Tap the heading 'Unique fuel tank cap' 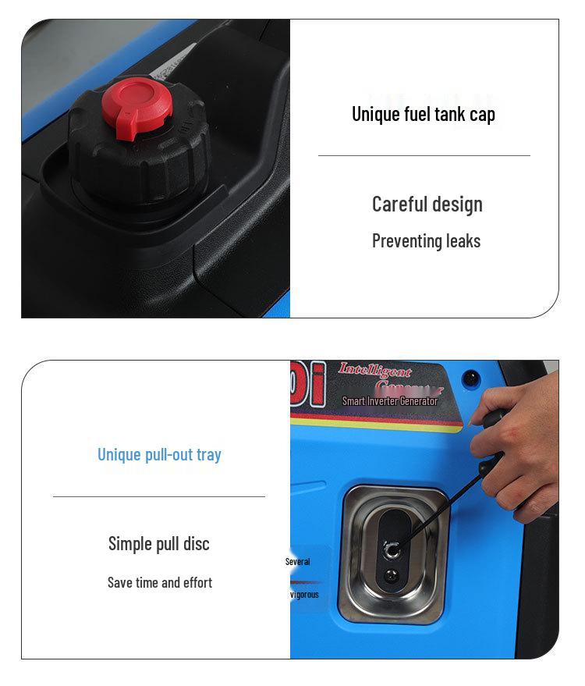424,114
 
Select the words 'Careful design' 427,204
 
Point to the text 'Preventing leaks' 426,241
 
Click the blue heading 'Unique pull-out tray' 159,454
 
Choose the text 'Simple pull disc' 159,544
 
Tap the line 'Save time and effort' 159,583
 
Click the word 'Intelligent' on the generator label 374,371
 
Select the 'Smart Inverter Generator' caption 390,401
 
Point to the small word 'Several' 297,562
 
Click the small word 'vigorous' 304,595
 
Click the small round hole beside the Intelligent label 470,379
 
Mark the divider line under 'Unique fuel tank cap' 424,156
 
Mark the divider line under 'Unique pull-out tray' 159,496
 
